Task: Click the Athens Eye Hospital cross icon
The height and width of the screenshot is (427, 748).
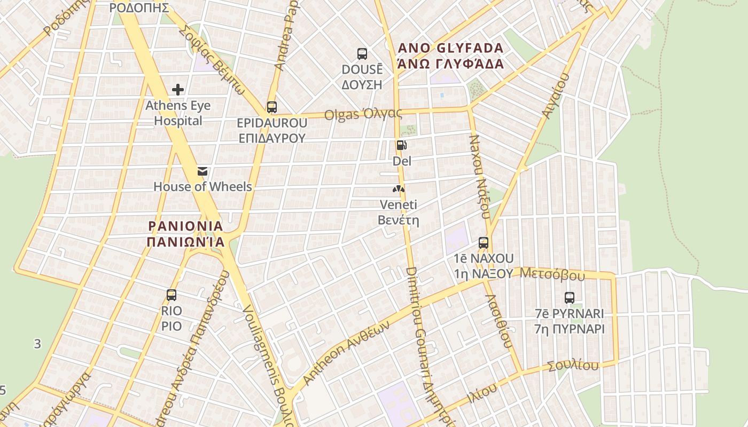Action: pyautogui.click(x=178, y=90)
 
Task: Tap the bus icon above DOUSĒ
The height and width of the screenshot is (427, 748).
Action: pyautogui.click(x=362, y=53)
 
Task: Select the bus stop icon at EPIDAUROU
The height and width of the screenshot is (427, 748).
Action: pyautogui.click(x=272, y=107)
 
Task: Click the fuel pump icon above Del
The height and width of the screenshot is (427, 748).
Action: pyautogui.click(x=401, y=145)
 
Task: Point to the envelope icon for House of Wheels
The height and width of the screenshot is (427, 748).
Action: pyautogui.click(x=202, y=171)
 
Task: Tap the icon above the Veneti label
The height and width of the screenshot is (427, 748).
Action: pyautogui.click(x=399, y=189)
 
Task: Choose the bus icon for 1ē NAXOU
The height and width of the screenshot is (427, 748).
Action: pyautogui.click(x=484, y=243)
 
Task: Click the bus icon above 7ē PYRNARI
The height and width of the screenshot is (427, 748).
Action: pyautogui.click(x=570, y=298)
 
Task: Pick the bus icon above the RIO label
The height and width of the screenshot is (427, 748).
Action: pyautogui.click(x=172, y=295)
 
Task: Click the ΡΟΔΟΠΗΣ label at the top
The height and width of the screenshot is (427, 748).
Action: pyautogui.click(x=139, y=7)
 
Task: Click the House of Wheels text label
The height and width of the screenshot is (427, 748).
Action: pyautogui.click(x=202, y=187)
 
